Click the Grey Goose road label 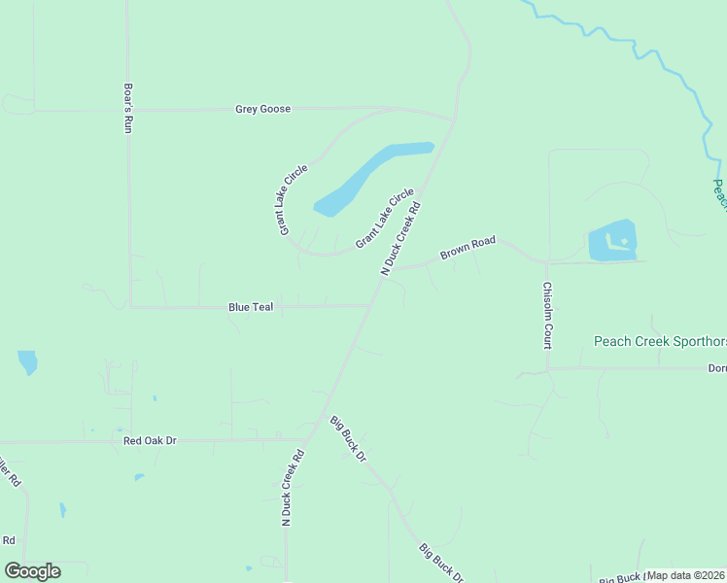pos(262,109)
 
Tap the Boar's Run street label pos(127,106)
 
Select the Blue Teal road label pos(251,307)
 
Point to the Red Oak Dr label pos(151,440)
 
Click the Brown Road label pos(467,248)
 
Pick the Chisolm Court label pos(547,316)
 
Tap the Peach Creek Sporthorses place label pos(659,342)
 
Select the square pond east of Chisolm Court pos(612,240)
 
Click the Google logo pos(32,571)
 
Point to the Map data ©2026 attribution pos(685,575)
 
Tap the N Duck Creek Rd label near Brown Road pos(400,239)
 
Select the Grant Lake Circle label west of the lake pos(293,198)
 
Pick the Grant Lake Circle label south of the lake pos(384,218)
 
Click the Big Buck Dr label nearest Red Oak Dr pos(347,437)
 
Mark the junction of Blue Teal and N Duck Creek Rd pos(370,305)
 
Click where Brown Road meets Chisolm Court pos(547,262)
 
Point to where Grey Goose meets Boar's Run pos(128,110)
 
